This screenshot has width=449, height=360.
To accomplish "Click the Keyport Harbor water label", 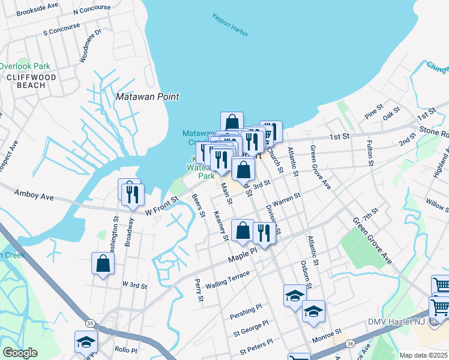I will tap(231, 26).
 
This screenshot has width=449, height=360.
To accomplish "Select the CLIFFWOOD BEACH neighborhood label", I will tap(31, 82).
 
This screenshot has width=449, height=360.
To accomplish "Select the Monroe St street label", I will tap(329, 331).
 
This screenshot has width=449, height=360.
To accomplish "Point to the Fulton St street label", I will tap(370, 155).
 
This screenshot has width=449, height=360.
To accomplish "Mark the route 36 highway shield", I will tap(350, 343).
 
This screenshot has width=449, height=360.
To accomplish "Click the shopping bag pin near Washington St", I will tap(103, 263).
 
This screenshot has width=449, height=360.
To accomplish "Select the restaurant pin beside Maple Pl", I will tap(264, 233).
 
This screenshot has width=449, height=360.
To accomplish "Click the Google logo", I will tap(20, 353).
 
